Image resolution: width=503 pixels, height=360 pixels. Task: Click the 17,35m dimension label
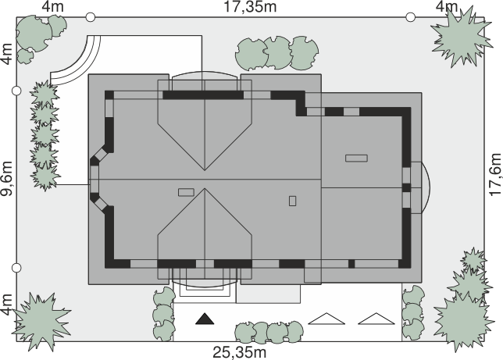click(x=250, y=7)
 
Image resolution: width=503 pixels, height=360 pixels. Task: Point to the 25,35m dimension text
click(x=240, y=352)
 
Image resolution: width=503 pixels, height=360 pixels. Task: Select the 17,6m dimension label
click(x=495, y=175)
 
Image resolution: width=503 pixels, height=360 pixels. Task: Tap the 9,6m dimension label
click(x=6, y=178)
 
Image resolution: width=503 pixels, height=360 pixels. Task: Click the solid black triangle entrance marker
click(x=205, y=319)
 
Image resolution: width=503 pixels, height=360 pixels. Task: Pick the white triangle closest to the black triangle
click(x=326, y=319)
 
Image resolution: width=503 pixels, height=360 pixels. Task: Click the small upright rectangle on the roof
click(x=292, y=201)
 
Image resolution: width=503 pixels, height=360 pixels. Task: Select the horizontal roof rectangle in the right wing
click(x=356, y=159)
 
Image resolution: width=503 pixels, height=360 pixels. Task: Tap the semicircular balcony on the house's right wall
click(x=426, y=187)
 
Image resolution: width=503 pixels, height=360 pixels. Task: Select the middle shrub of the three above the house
click(x=277, y=52)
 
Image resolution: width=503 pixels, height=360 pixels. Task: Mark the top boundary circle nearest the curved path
click(x=91, y=17)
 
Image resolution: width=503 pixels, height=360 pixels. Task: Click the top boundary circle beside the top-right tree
click(x=411, y=17)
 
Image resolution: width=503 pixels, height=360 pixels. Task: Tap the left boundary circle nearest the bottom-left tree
click(x=16, y=267)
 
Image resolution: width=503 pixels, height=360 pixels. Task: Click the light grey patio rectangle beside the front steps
click(x=268, y=294)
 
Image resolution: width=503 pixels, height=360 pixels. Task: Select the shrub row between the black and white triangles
click(x=269, y=332)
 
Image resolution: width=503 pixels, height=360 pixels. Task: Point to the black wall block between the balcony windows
click(x=406, y=187)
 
